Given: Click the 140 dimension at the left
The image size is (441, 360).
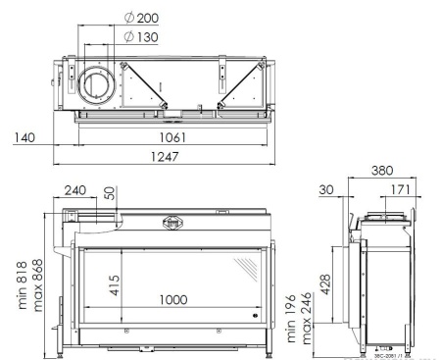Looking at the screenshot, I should [x=24, y=138].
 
